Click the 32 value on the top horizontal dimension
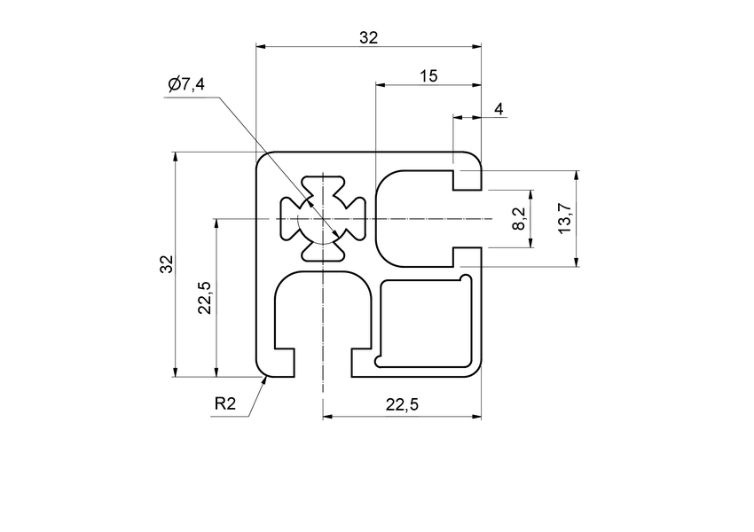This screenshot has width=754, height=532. point(368,37)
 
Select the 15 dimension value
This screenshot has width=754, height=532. point(428,77)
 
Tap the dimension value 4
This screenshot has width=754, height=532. point(499,109)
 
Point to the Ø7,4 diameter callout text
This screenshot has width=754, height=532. point(186,85)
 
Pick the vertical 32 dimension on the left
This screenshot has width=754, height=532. point(165,264)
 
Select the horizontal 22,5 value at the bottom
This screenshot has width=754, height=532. point(403,405)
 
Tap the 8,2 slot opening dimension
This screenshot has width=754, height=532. point(520,218)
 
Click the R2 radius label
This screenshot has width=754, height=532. point(225,405)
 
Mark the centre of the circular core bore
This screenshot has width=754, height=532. point(324,218)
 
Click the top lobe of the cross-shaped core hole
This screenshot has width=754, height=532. point(324,187)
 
